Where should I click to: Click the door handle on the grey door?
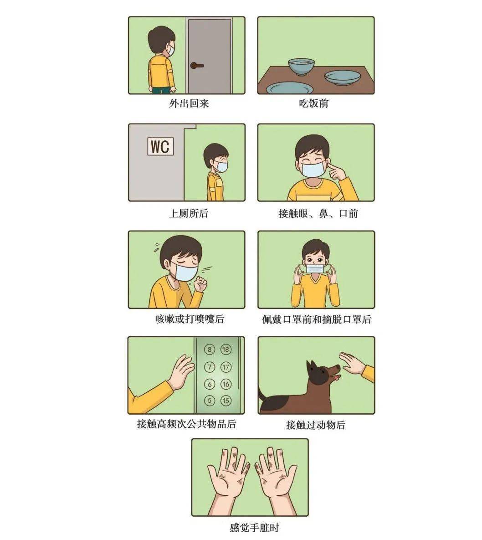pyautogui.click(x=197, y=66)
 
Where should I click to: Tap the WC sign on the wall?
pyautogui.click(x=160, y=147)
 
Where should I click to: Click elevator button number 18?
pyautogui.click(x=226, y=350)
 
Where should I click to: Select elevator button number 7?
pyautogui.click(x=210, y=367)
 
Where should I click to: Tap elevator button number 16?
pyautogui.click(x=226, y=384)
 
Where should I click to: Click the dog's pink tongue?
pyautogui.click(x=336, y=377)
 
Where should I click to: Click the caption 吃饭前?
pyautogui.click(x=314, y=103)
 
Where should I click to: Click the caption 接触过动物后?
pyautogui.click(x=316, y=425)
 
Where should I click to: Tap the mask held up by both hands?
pyautogui.click(x=316, y=269)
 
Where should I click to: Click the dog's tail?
pyautogui.click(x=264, y=396)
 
